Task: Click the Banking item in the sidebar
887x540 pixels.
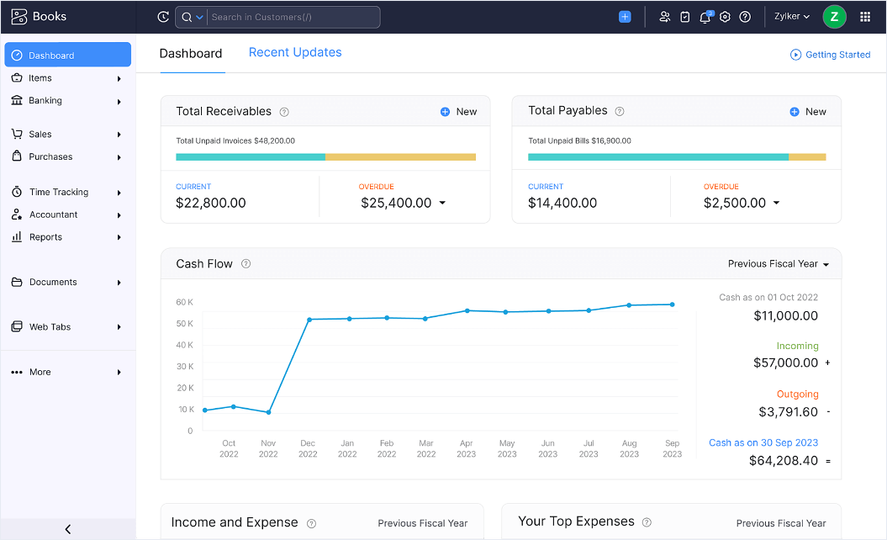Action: pos(45,101)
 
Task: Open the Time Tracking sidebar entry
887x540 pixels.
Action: pos(58,192)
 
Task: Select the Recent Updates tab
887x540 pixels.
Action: pos(295,52)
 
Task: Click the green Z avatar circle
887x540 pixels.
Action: pos(834,17)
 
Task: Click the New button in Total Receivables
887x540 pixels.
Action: pos(458,112)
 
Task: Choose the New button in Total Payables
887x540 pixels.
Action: pos(808,112)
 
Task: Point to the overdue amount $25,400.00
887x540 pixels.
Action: pos(396,203)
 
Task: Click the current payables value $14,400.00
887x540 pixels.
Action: pos(562,203)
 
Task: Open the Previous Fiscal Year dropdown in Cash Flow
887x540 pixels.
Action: pos(778,264)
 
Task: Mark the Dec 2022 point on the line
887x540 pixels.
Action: pos(309,320)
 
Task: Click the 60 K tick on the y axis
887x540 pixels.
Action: pos(184,302)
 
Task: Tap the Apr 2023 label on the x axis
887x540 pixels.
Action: pos(467,448)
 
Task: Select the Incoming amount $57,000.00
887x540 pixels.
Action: pos(785,363)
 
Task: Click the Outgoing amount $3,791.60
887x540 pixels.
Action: pos(788,412)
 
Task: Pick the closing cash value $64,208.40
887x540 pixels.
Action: pos(783,461)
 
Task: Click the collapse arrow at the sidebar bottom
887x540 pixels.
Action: pos(67,529)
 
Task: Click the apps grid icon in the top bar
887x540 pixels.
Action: pos(865,17)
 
